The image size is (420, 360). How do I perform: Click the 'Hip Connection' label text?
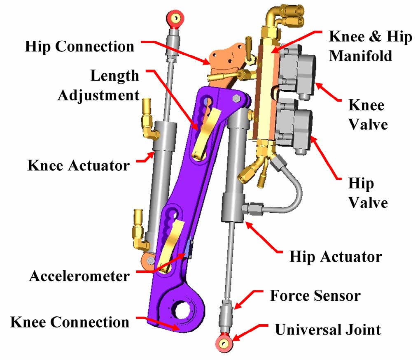80,46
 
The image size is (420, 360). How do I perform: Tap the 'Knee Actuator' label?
79,165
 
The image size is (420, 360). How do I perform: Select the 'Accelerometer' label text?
79,276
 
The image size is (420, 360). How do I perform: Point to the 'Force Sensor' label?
315,295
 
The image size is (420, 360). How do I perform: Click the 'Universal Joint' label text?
328,330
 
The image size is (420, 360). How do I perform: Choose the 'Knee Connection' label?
70,322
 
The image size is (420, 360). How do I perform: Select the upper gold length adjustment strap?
205,130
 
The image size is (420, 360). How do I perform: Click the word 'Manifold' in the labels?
360,56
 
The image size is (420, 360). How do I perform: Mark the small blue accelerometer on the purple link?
189,249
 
